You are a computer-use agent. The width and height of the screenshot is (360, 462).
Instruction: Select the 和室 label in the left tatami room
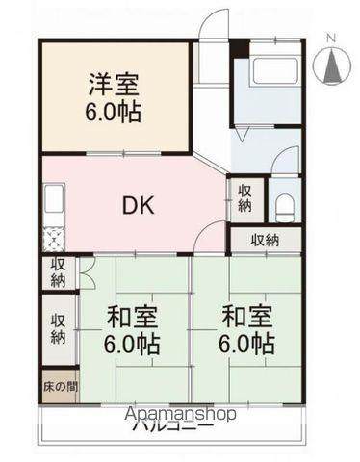pos(133,317)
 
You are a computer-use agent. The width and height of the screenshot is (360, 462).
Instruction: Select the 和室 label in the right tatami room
pos(248,317)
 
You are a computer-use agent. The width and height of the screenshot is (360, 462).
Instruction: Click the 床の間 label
pos(59,387)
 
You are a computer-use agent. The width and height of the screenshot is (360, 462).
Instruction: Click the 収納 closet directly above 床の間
pos(59,329)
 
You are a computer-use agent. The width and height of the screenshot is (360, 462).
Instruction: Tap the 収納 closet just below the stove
pos(59,272)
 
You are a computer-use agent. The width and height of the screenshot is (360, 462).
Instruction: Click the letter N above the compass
pos(331,38)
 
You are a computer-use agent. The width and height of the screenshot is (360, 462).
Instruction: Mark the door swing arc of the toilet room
pos(286,162)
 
